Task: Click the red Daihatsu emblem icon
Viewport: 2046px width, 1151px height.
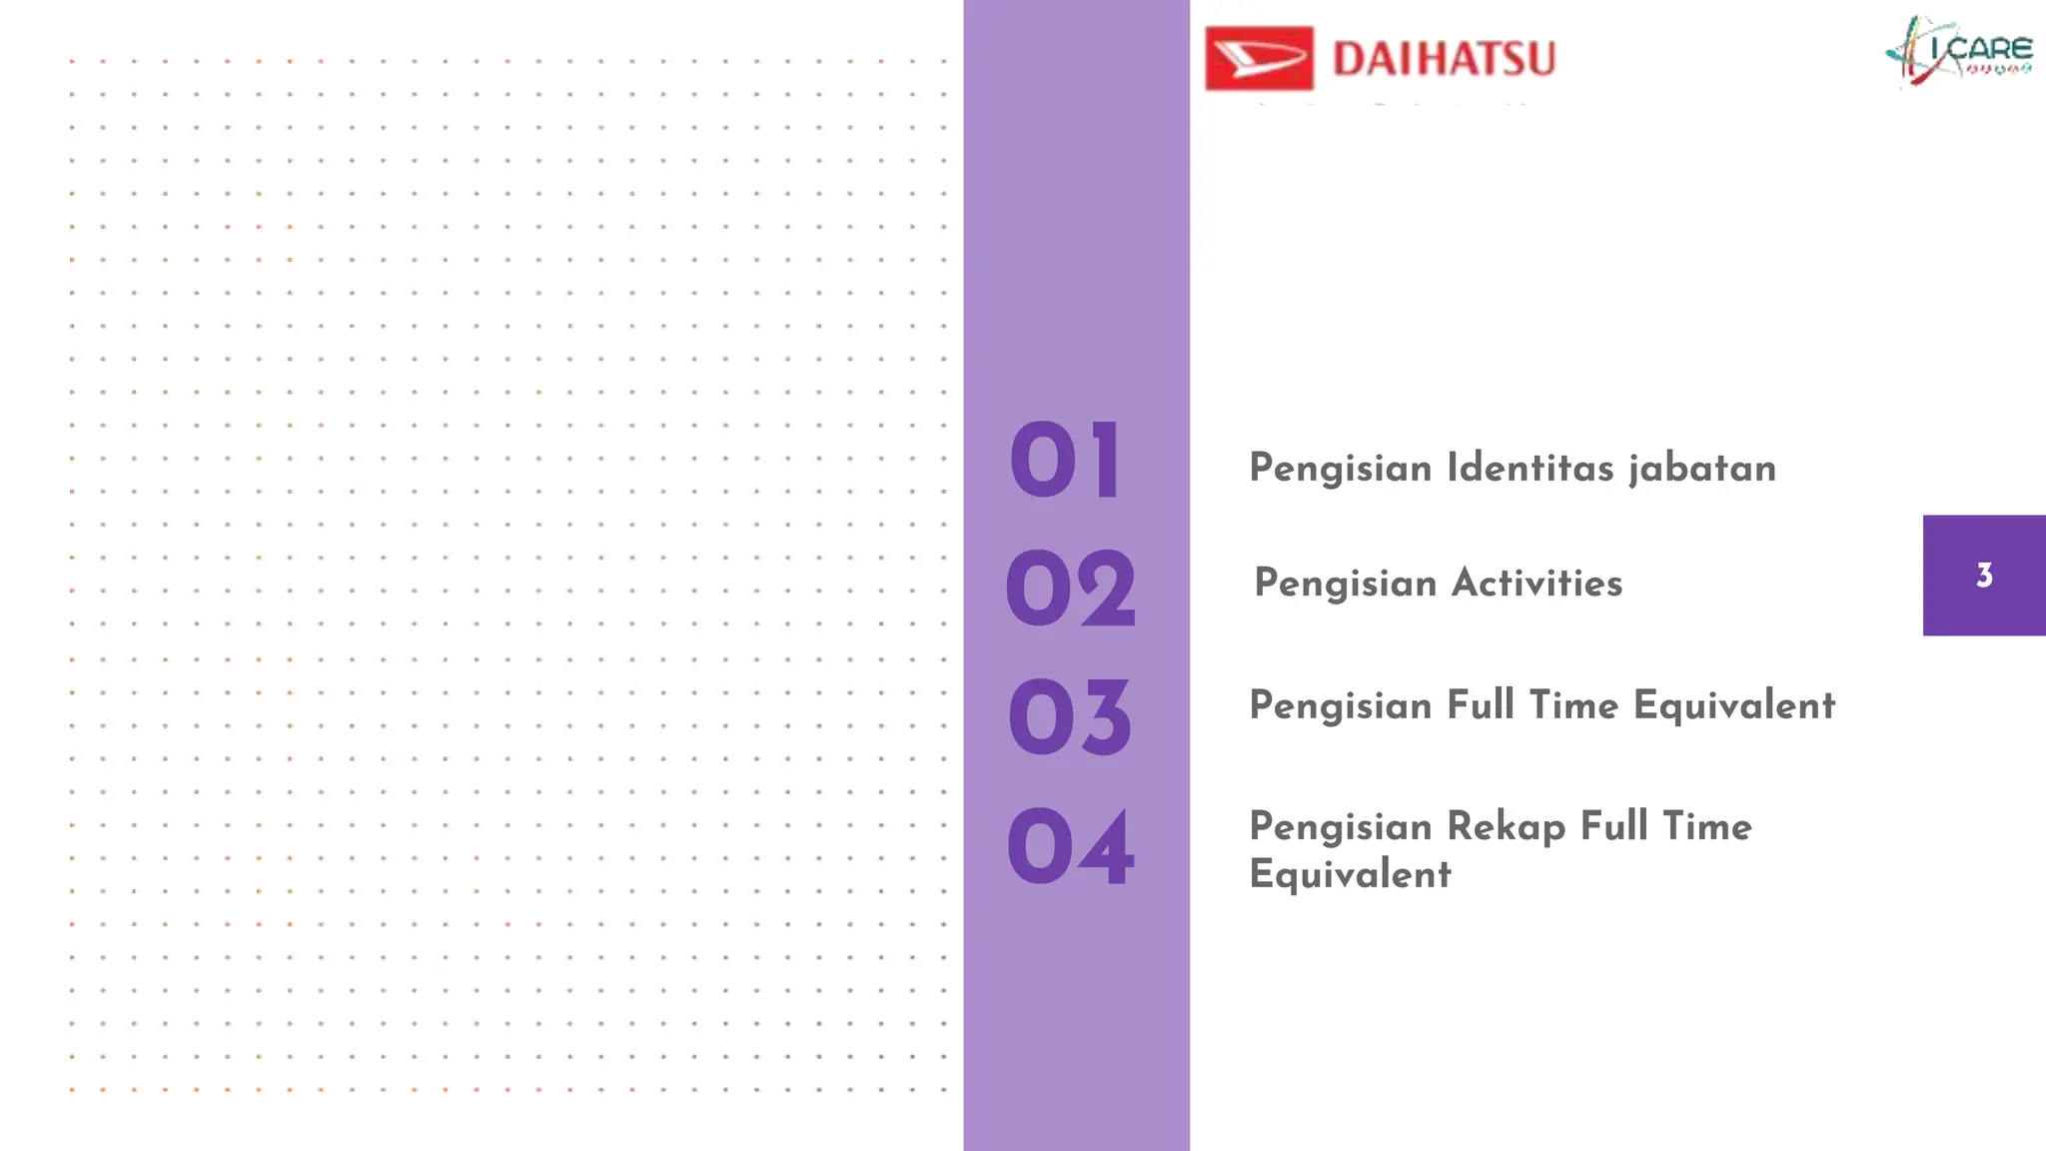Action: [x=1259, y=58]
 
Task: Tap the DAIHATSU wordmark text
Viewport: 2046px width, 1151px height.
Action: [x=1444, y=59]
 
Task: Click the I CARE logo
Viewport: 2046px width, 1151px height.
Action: [x=1960, y=50]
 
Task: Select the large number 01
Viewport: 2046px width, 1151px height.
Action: [x=1065, y=461]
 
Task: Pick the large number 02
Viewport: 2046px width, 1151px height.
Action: [x=1070, y=589]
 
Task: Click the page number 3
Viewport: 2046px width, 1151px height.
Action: [x=1984, y=575]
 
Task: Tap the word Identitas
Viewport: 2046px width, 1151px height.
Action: [x=1530, y=468]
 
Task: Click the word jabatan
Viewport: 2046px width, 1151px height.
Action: [x=1702, y=469]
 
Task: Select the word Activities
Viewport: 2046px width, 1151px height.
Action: [x=1537, y=582]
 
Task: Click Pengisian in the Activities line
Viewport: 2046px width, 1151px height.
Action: [x=1345, y=584]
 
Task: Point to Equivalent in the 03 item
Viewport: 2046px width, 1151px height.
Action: [x=1734, y=705]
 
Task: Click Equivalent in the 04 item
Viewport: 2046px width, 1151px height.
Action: [x=1350, y=875]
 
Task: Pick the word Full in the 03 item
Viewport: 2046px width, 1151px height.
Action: [x=1481, y=705]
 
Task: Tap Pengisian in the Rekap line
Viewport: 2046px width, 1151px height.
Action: [x=1340, y=828]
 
